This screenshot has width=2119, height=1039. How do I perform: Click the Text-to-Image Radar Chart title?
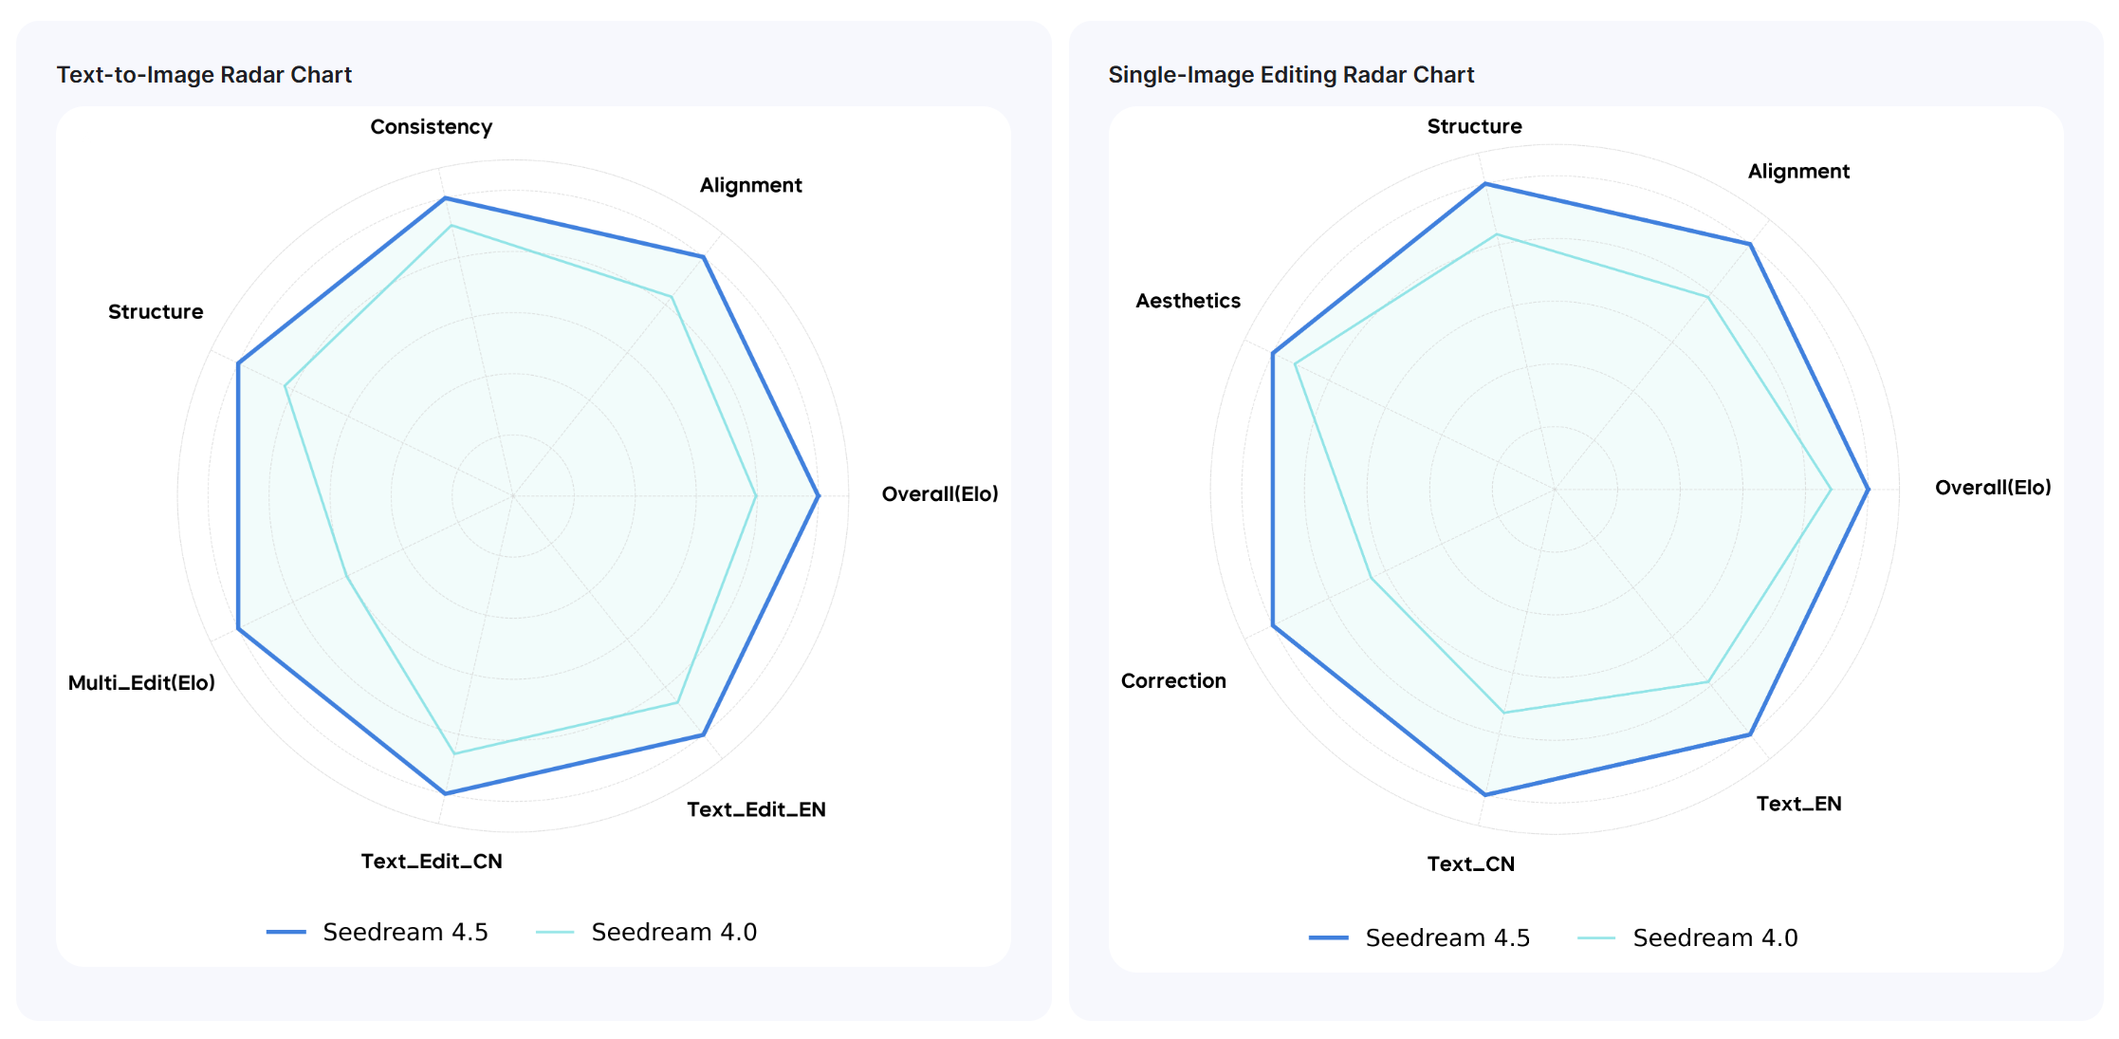pos(204,75)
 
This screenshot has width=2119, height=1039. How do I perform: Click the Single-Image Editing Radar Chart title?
pos(1290,75)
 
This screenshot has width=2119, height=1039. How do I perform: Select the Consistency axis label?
pos(431,127)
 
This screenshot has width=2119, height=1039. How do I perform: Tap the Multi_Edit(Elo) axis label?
pos(141,683)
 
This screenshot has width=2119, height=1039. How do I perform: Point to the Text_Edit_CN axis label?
pos(432,862)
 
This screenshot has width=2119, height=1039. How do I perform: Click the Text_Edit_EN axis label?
pos(756,809)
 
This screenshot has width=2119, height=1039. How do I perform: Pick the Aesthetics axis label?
pos(1188,301)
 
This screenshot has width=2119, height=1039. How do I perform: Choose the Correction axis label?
pos(1173,681)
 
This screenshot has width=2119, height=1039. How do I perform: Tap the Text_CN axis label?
pos(1470,864)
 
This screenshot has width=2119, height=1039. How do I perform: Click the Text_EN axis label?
pos(1798,804)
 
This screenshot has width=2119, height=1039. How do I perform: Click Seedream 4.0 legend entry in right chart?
pos(1687,937)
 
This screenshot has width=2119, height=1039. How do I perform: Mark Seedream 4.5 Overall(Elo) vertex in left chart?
pos(818,495)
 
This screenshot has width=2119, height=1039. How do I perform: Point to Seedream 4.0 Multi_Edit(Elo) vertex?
pos(347,576)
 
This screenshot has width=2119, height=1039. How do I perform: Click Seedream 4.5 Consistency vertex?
pos(445,198)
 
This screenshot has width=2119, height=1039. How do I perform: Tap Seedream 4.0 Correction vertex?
pos(1371,578)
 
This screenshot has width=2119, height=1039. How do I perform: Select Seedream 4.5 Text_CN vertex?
pos(1484,794)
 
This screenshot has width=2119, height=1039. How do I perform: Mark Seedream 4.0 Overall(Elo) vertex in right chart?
pos(1831,490)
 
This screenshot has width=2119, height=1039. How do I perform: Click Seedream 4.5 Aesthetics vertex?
pos(1272,354)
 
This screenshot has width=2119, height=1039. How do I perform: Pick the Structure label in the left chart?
pos(156,312)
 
